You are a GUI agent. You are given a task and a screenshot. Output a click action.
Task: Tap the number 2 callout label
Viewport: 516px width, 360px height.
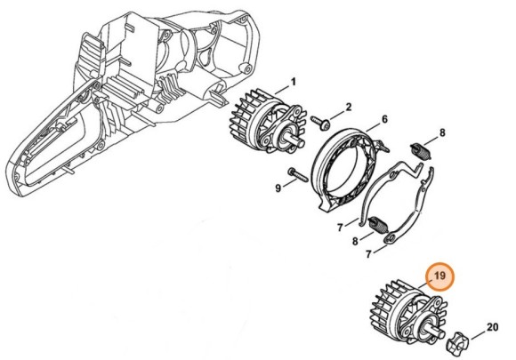pyautogui.click(x=348, y=107)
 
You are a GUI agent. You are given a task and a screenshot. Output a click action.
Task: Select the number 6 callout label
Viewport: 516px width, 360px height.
pyautogui.click(x=384, y=119)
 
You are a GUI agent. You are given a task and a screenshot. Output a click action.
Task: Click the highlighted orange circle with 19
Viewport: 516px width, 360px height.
pyautogui.click(x=438, y=277)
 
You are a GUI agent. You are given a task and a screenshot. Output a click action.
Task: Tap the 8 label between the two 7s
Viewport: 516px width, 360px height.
pyautogui.click(x=358, y=241)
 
